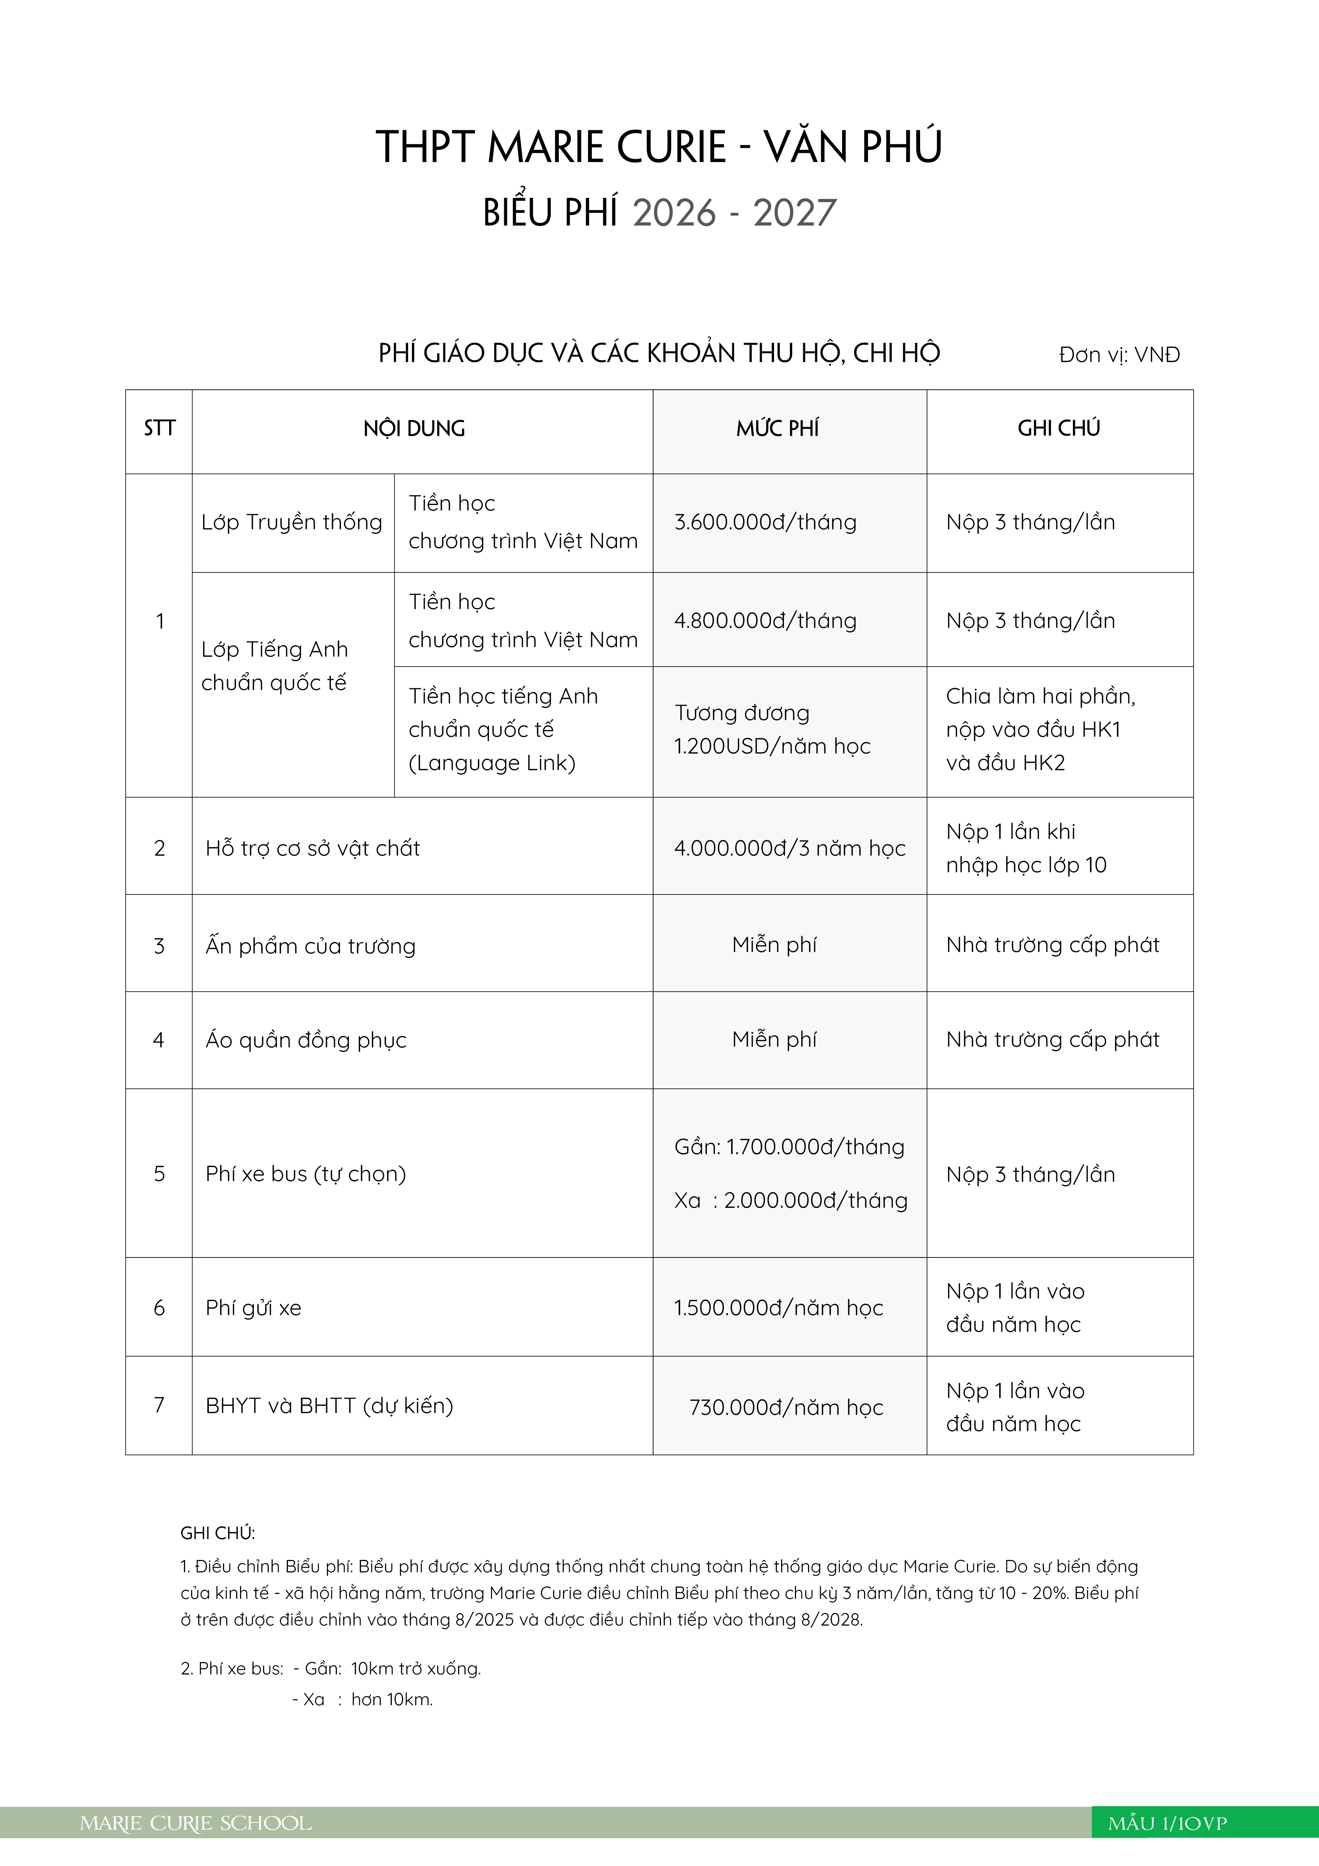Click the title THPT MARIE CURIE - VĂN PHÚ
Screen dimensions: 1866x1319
tap(659, 147)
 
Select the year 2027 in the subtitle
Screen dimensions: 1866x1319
tap(794, 213)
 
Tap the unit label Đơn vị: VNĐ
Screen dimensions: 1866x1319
tap(1119, 355)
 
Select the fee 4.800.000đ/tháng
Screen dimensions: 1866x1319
tap(765, 621)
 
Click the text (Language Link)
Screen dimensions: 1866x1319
tap(492, 763)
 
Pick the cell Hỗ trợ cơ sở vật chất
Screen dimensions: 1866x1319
tap(313, 849)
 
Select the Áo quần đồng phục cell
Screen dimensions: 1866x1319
tap(306, 1040)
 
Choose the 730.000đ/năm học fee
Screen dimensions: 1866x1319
tap(786, 1407)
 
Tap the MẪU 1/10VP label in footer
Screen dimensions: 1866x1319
tap(1167, 1824)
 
